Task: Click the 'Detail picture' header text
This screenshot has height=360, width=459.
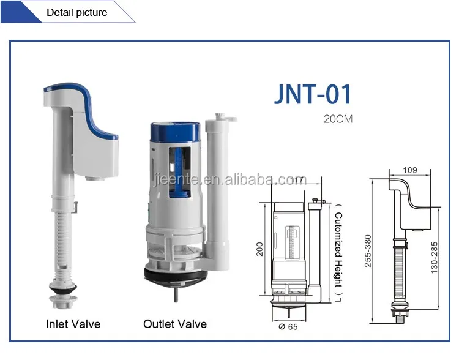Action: click(x=76, y=12)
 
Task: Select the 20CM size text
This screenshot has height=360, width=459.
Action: click(x=338, y=119)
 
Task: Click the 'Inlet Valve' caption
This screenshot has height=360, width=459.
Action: click(x=73, y=324)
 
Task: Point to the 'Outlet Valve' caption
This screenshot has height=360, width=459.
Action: click(x=174, y=324)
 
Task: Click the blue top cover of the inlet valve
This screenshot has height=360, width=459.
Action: click(x=80, y=98)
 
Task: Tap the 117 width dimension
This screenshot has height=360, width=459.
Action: click(x=298, y=179)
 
